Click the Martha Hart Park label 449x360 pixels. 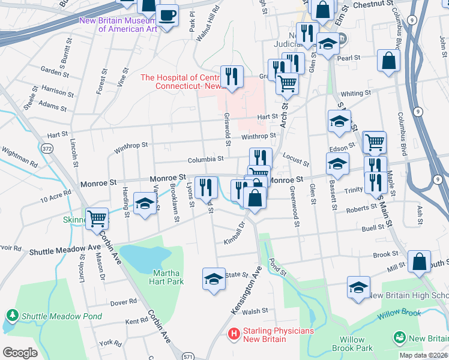[166, 277]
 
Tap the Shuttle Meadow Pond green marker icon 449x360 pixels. [11, 315]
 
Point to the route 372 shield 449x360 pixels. [47, 147]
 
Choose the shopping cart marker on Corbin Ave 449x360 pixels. [97, 218]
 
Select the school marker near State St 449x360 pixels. [214, 279]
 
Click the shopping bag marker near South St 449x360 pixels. [419, 262]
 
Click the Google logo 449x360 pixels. [20, 352]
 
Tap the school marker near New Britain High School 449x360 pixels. [358, 288]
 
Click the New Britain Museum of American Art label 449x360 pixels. [119, 25]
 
